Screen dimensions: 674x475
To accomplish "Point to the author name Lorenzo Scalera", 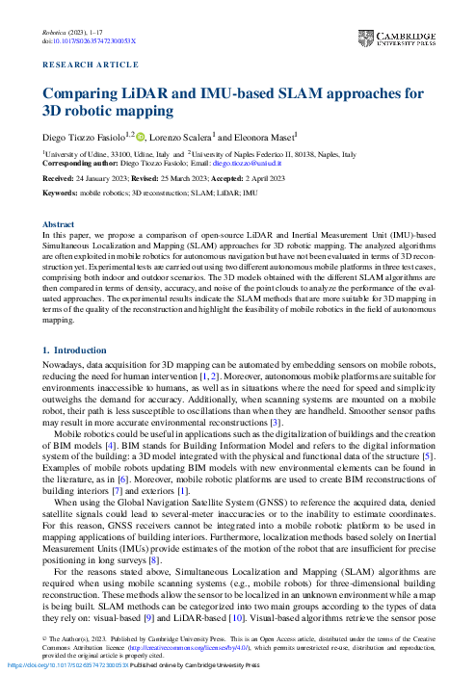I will pyautogui.click(x=185, y=136).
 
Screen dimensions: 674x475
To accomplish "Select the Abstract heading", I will pyautogui.click(x=59, y=222).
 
